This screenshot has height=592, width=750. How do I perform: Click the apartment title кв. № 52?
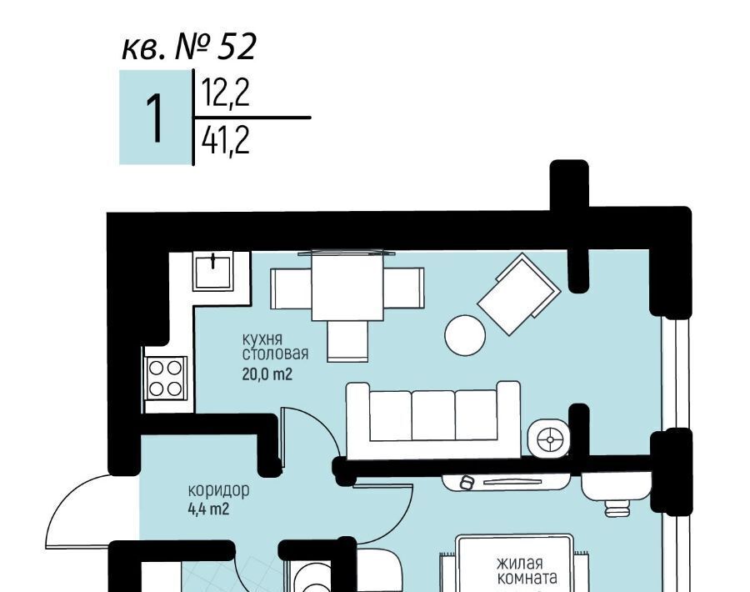(x=189, y=47)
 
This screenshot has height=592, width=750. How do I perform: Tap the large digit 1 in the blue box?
(x=154, y=118)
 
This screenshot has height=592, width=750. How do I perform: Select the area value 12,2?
(x=226, y=93)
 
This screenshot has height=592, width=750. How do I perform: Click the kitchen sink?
(x=213, y=272)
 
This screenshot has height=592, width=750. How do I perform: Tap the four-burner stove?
(x=166, y=378)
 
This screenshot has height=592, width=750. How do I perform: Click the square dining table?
(x=347, y=286)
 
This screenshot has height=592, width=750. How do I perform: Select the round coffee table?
(x=465, y=335)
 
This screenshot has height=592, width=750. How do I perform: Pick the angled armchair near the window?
(x=519, y=293)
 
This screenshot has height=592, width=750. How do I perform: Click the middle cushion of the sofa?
(x=433, y=415)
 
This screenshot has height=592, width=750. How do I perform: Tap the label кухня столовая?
(x=275, y=347)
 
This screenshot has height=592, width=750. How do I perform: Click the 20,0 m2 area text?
(x=267, y=374)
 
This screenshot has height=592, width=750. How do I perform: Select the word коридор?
(x=218, y=490)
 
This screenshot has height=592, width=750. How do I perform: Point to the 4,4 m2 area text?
(x=208, y=509)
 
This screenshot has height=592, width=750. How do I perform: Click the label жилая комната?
(x=527, y=571)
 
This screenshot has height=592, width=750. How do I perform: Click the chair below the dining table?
(x=347, y=341)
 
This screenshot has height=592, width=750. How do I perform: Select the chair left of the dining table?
(x=291, y=288)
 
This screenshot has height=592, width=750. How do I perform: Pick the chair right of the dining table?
(x=403, y=288)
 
